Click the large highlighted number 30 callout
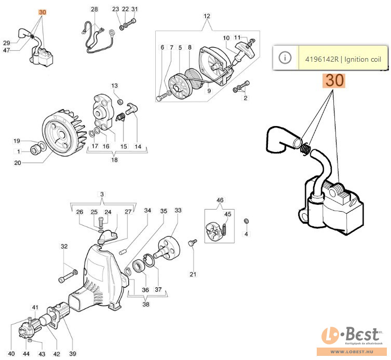point(334,81)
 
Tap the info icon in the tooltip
point(285,58)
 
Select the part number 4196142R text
point(323,59)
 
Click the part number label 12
point(207,16)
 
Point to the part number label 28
point(94,9)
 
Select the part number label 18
point(114,160)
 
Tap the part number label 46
point(220,200)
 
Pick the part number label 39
point(73,354)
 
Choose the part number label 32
point(64,246)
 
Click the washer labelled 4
point(246,222)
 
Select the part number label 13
point(115,85)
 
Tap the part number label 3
point(102,194)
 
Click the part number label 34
point(148,211)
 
